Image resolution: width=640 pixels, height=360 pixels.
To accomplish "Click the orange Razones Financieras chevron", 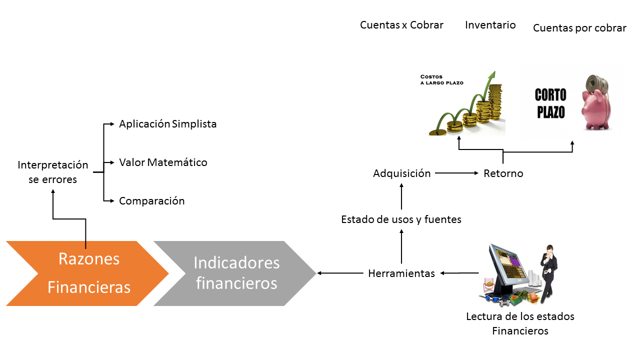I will pos(87,273).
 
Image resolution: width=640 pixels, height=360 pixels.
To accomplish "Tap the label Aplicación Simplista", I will pos(167,124).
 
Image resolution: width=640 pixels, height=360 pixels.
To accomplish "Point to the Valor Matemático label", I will pos(163,162).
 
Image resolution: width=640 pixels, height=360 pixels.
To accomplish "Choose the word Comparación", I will pos(151,201).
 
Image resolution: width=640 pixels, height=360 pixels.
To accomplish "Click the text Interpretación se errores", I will pos(52,172).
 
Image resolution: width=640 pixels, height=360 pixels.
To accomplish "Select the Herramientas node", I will pos(401,273).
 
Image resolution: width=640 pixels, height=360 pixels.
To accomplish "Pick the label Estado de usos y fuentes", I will pos(401,219).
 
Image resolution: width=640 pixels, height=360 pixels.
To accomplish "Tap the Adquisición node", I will pos(401,173).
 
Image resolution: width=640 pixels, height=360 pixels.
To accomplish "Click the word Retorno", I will pos(503,173).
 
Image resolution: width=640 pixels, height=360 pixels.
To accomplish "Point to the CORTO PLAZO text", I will pos(550,103).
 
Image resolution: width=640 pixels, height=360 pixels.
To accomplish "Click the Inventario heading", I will pos(490,25).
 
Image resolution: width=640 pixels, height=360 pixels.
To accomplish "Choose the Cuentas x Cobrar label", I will pos(401,25).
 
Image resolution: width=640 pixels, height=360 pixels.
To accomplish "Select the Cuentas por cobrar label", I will pos(579,28).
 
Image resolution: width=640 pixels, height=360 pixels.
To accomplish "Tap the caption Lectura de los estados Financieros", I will pos(520,323).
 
